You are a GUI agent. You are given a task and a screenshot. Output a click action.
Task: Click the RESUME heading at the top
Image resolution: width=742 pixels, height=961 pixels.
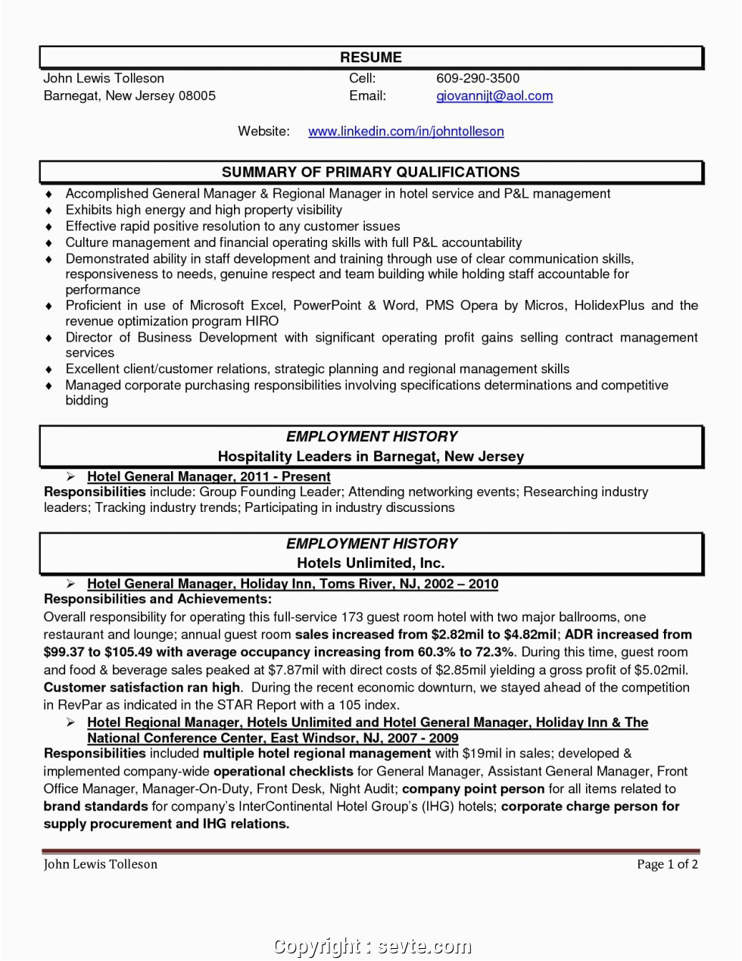click(x=370, y=58)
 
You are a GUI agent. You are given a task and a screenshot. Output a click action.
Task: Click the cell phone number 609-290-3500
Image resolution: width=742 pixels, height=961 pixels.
click(x=478, y=78)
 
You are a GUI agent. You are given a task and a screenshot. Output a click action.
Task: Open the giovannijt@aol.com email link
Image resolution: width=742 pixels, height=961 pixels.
click(x=494, y=96)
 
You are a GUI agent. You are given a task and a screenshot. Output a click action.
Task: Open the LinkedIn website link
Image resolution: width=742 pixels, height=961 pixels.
click(x=406, y=132)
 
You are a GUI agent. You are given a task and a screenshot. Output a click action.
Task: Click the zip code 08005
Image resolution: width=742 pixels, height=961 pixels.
click(x=197, y=96)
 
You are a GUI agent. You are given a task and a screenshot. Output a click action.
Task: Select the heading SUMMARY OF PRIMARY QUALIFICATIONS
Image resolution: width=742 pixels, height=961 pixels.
click(x=370, y=173)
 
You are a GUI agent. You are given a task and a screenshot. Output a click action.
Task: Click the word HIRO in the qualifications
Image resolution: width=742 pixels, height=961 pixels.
click(x=261, y=321)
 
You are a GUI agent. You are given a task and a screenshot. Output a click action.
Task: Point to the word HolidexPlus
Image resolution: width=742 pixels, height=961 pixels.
click(x=609, y=305)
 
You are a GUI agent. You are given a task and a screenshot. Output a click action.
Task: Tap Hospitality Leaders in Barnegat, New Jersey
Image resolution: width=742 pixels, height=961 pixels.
click(x=370, y=457)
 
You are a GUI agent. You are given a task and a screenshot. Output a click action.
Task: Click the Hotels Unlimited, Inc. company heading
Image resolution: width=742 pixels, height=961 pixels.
click(x=370, y=563)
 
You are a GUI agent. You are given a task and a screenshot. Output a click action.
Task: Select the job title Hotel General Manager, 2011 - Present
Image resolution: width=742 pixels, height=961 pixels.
click(x=208, y=477)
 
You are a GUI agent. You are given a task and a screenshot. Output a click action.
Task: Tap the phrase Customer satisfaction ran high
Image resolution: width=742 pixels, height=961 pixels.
click(x=142, y=688)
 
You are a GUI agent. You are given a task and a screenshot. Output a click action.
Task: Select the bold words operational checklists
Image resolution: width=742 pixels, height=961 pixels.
click(x=283, y=772)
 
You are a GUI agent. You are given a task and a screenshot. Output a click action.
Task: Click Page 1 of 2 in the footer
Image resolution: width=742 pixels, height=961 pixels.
click(x=667, y=864)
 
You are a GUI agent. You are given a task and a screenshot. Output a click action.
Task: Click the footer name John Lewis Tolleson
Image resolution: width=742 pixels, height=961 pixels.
click(x=101, y=864)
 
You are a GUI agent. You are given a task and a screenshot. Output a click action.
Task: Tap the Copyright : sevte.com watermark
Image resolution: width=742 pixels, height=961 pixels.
click(x=372, y=946)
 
